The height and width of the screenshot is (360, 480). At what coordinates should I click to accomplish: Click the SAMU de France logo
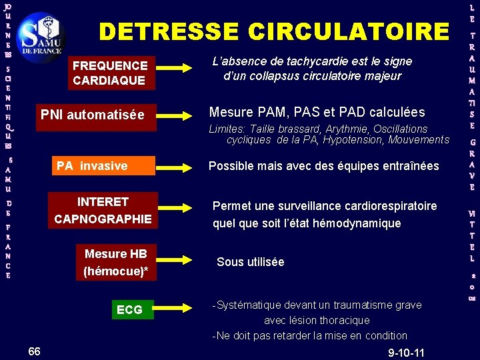[41, 36]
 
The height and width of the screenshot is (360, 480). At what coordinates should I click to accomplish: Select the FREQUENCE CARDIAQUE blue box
[109, 73]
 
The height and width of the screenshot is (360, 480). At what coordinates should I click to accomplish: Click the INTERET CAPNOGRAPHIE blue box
[103, 210]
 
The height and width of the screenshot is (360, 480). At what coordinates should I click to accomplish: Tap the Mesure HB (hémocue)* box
[115, 262]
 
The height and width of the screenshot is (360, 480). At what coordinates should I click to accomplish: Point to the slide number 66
[35, 351]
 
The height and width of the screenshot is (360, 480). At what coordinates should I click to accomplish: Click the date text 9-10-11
[406, 351]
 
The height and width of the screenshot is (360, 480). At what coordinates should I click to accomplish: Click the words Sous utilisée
[251, 262]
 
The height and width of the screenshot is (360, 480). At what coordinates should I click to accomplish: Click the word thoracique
[345, 320]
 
